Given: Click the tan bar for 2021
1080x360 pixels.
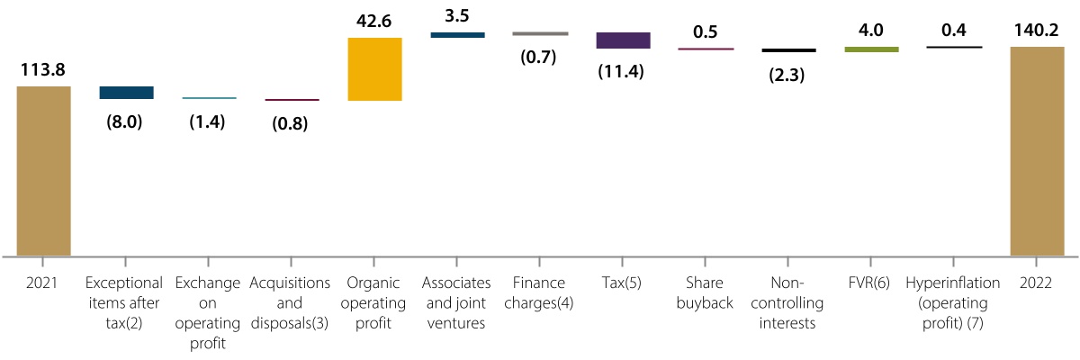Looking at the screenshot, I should pyautogui.click(x=43, y=171).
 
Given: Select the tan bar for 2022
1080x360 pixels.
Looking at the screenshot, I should pyautogui.click(x=1037, y=151).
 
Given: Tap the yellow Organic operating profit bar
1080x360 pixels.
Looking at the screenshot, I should pyautogui.click(x=373, y=69).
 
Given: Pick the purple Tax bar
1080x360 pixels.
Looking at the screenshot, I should pyautogui.click(x=623, y=40).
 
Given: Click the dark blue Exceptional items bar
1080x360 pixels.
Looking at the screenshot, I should pyautogui.click(x=126, y=92).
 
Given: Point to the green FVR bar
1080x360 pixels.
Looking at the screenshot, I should pyautogui.click(x=871, y=49).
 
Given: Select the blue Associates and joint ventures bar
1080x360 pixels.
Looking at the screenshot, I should pyautogui.click(x=457, y=35).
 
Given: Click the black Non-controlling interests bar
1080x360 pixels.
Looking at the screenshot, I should pyautogui.click(x=788, y=50).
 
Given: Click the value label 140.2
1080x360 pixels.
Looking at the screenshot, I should pyautogui.click(x=1037, y=31).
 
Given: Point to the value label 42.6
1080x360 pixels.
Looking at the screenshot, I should pyautogui.click(x=373, y=21).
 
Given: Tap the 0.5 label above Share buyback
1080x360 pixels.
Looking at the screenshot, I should pyautogui.click(x=705, y=32).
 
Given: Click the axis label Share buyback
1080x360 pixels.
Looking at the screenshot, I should pyautogui.click(x=705, y=292).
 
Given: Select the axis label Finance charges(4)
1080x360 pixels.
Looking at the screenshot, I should pyautogui.click(x=540, y=292).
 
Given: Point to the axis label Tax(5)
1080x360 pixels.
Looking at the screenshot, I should pyautogui.click(x=622, y=283).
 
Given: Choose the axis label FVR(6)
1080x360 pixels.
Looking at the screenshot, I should pyautogui.click(x=870, y=283).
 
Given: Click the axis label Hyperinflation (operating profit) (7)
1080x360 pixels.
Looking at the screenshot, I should pyautogui.click(x=954, y=302).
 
